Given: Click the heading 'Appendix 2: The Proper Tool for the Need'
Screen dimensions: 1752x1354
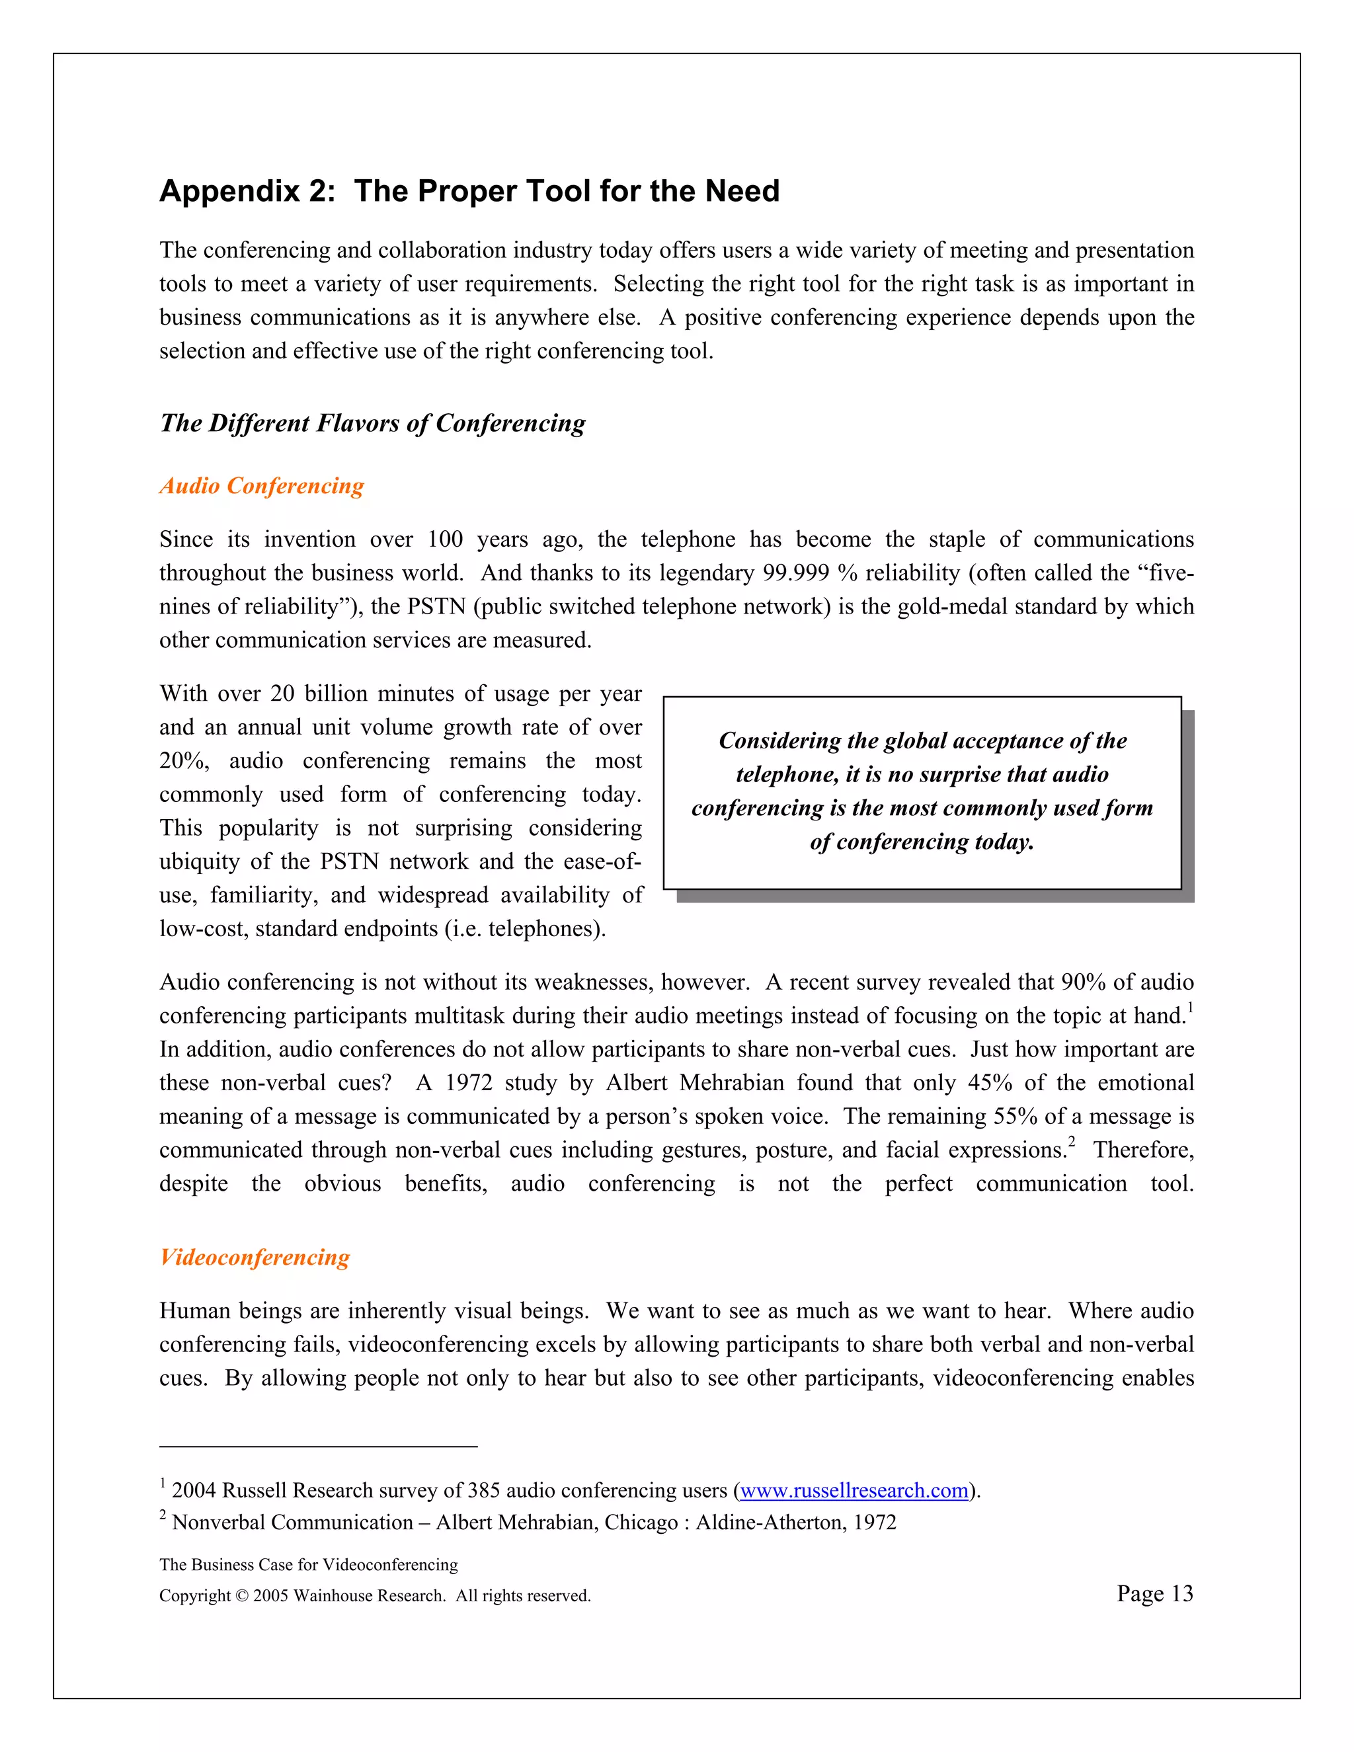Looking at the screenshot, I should tap(469, 191).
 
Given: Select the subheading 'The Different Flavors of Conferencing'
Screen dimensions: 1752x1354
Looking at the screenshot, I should tap(372, 422).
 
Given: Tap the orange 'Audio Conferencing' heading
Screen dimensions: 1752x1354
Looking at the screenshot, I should tap(262, 485).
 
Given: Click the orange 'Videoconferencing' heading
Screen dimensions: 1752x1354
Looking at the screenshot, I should tap(255, 1256).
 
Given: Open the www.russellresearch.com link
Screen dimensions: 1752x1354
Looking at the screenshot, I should tap(854, 1490).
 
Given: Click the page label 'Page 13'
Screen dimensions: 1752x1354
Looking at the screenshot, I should tap(1154, 1593).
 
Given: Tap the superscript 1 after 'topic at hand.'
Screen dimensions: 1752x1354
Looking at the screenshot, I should tap(1190, 1008).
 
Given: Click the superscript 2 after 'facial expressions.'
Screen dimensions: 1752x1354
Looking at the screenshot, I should tap(1072, 1142).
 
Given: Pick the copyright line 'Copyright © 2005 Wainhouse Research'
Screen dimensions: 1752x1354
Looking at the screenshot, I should tap(375, 1595).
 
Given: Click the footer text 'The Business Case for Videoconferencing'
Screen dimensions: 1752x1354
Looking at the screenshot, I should tap(308, 1564).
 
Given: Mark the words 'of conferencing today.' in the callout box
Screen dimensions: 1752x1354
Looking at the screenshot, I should tap(922, 842).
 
